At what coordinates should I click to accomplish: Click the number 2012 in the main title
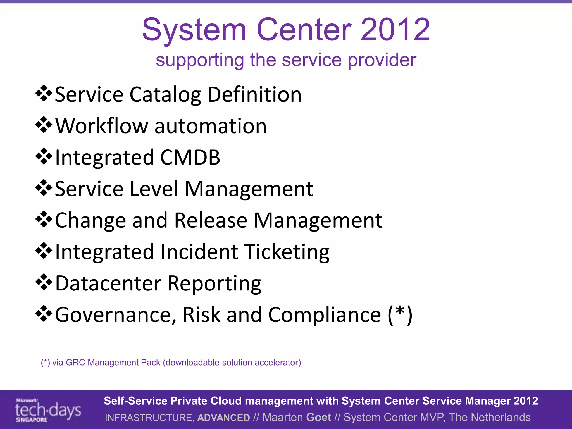395,30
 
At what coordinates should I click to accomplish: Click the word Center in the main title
304,30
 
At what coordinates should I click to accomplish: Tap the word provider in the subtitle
382,60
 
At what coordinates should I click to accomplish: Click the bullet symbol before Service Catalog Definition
44,94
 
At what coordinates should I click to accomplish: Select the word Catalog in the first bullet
165,95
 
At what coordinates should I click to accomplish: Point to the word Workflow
102,126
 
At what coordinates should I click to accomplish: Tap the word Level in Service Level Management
154,189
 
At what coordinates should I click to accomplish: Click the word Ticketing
287,252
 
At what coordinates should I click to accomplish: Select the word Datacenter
108,283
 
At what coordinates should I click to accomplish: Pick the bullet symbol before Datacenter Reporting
44,282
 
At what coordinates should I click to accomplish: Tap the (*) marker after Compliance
400,314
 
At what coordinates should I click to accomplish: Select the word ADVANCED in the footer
223,418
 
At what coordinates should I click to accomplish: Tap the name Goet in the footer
319,417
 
